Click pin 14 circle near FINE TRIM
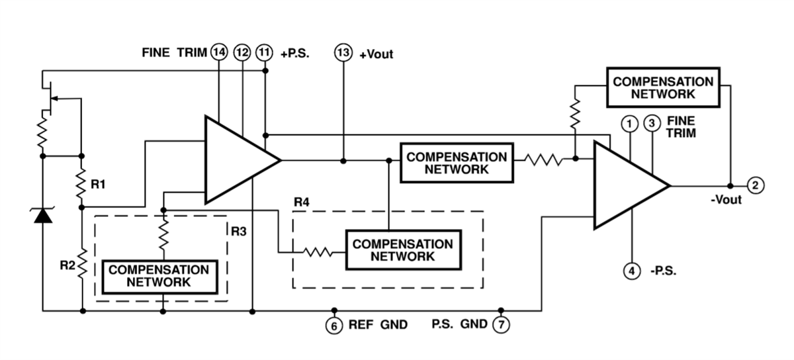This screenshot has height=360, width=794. click(x=218, y=53)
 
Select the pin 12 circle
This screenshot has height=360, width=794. click(x=243, y=53)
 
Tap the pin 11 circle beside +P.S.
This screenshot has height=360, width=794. click(x=264, y=53)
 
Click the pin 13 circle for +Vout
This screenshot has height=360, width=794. click(x=343, y=54)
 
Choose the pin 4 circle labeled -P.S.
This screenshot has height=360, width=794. click(x=632, y=271)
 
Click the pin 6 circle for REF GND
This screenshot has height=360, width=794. click(x=334, y=325)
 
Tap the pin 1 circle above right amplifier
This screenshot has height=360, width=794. click(x=629, y=123)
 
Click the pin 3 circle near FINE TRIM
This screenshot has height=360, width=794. click(x=652, y=123)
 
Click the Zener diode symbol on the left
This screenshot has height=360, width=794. click(x=43, y=215)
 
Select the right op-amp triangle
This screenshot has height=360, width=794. click(x=625, y=186)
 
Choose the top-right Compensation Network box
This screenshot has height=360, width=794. click(x=663, y=87)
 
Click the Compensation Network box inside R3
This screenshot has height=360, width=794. click(x=159, y=276)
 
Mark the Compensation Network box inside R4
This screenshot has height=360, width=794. click(x=402, y=250)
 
